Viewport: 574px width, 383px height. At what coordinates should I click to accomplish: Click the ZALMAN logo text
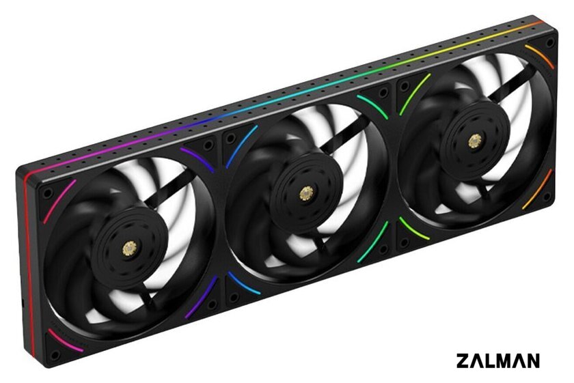click(x=498, y=360)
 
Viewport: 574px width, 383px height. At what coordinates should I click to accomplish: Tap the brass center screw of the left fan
click(x=130, y=249)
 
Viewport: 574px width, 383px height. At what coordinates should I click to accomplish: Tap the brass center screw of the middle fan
click(x=306, y=193)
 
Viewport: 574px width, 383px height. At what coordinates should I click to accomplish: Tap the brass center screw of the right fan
click(x=475, y=141)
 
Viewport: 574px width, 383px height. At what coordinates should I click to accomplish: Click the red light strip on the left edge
click(x=29, y=264)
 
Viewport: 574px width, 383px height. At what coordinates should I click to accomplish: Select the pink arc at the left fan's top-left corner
click(x=59, y=201)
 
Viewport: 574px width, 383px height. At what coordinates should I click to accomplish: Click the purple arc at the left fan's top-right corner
click(x=197, y=160)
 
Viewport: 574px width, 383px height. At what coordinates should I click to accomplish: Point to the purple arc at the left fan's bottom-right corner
click(x=202, y=298)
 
